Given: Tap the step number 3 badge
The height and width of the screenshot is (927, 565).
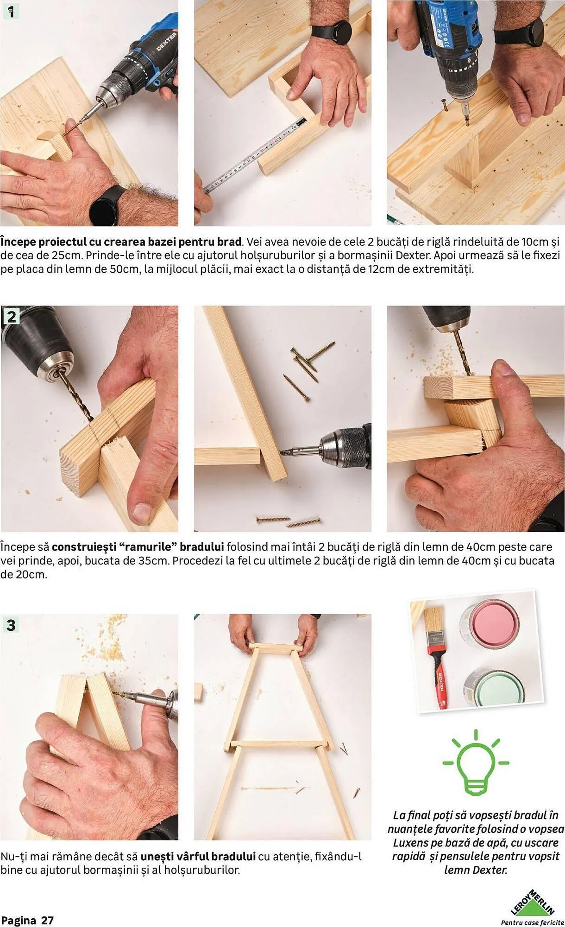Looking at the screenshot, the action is [11, 625].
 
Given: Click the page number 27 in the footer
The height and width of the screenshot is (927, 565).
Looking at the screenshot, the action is [47, 921].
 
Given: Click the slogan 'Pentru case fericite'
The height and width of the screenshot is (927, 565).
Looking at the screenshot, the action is [533, 922].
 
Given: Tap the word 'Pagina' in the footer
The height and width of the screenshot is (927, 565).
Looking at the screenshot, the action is [19, 921].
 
